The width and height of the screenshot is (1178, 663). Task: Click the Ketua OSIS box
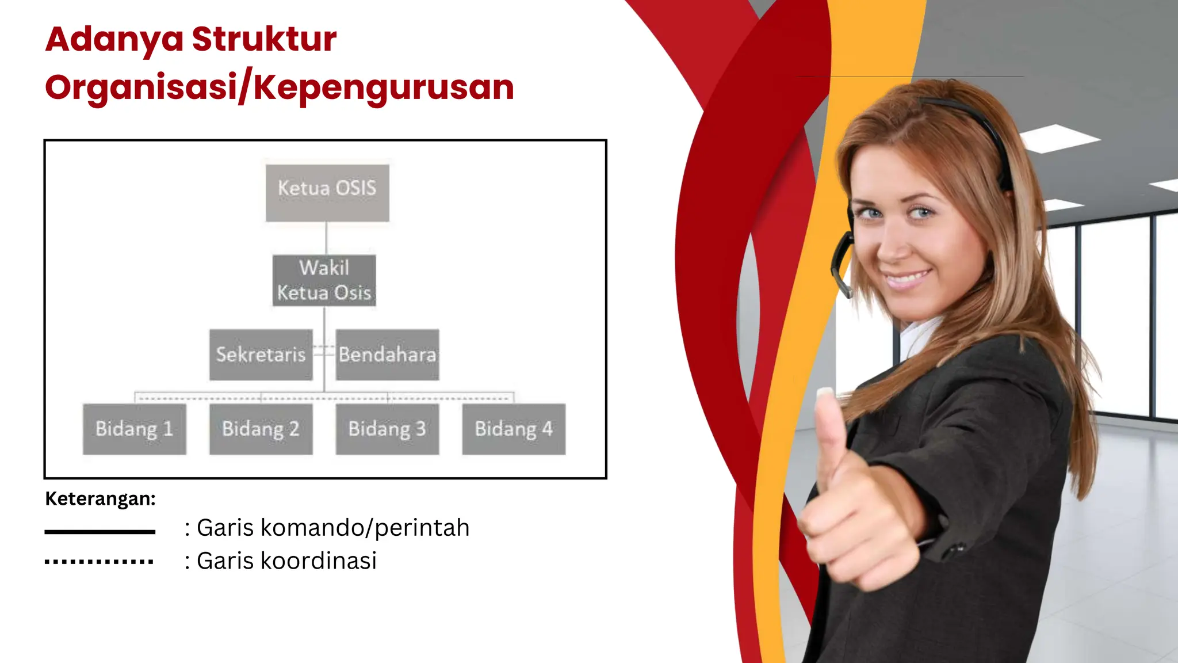pos(327,193)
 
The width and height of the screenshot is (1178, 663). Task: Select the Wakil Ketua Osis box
pos(324,280)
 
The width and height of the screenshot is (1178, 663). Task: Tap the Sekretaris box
pos(261,355)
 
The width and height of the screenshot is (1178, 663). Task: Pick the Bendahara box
pos(387,355)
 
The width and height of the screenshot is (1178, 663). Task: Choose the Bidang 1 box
pos(134,429)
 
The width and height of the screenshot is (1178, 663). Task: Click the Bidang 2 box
pos(261,429)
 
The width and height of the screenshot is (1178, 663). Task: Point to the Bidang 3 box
pos(387,429)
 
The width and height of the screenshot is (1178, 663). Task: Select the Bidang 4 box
pos(514,429)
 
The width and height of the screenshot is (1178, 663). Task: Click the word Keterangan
pos(100,498)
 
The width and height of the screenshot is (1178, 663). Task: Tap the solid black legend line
pos(100,532)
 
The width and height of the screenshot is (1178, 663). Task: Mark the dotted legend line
pos(99,562)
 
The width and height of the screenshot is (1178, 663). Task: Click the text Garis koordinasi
pos(286,561)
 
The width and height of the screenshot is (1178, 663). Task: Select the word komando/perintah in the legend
pos(365,528)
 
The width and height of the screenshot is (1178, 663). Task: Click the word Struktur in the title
pos(264,39)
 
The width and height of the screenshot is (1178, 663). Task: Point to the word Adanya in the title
pos(114,39)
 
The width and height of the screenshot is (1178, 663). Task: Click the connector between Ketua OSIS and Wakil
pos(326,238)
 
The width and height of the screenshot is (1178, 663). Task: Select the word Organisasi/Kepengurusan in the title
pos(280,87)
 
